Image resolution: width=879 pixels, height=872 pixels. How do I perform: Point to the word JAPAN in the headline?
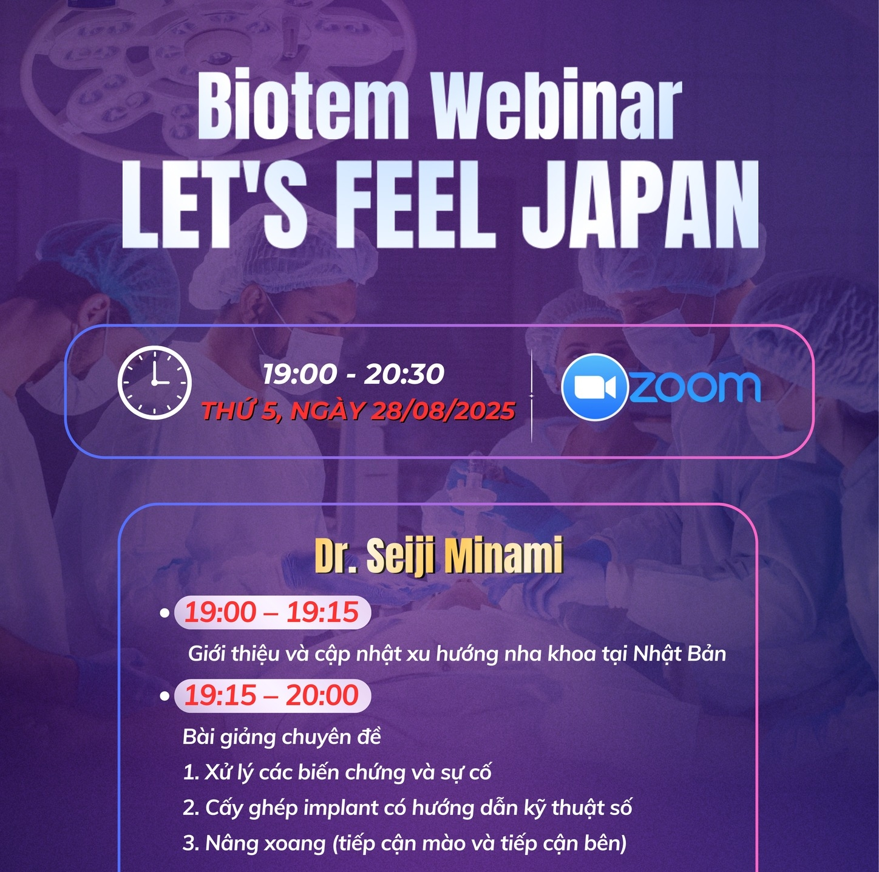click(x=640, y=204)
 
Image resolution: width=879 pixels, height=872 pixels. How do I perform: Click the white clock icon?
click(x=154, y=383)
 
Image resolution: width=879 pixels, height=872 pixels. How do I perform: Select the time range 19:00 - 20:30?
click(x=353, y=373)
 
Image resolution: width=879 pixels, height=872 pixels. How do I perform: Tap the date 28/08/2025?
click(x=443, y=410)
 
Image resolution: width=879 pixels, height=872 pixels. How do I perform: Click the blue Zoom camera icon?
click(x=595, y=386)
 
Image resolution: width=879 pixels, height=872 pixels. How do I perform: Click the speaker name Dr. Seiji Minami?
click(x=439, y=556)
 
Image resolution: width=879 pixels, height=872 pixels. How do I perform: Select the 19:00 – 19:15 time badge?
click(x=273, y=612)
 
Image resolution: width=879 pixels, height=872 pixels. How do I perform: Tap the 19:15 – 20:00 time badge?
click(x=273, y=696)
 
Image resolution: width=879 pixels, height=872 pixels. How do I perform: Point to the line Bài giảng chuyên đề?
click(x=282, y=737)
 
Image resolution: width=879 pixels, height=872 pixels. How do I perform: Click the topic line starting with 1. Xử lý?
click(x=337, y=772)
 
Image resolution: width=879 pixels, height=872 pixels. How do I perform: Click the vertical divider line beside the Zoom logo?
click(x=531, y=396)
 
